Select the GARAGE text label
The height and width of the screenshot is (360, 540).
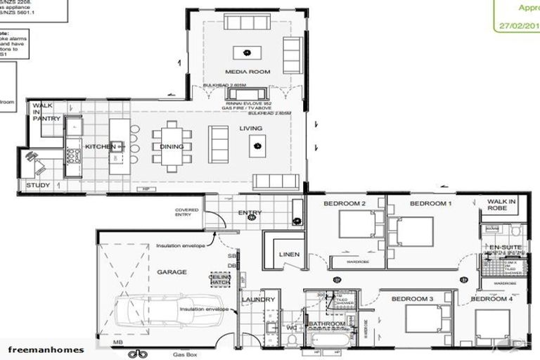172,271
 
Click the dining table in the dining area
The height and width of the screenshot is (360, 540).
172,146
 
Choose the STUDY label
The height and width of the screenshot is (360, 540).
38,186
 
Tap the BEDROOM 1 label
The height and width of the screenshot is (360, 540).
430,203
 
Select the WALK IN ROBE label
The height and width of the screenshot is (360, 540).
501,205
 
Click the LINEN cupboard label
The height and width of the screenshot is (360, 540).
289,255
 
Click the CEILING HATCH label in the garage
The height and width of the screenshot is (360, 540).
220,279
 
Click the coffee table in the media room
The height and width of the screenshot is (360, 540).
247,51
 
